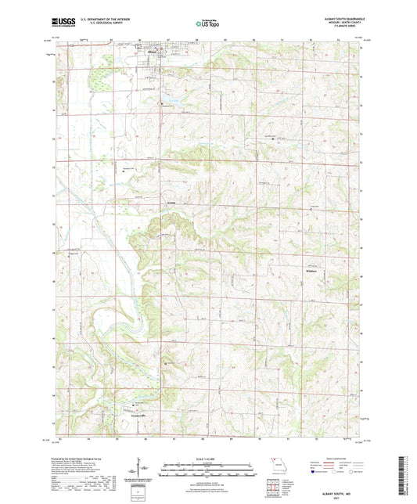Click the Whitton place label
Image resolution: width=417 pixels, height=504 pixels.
click(x=309, y=272)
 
